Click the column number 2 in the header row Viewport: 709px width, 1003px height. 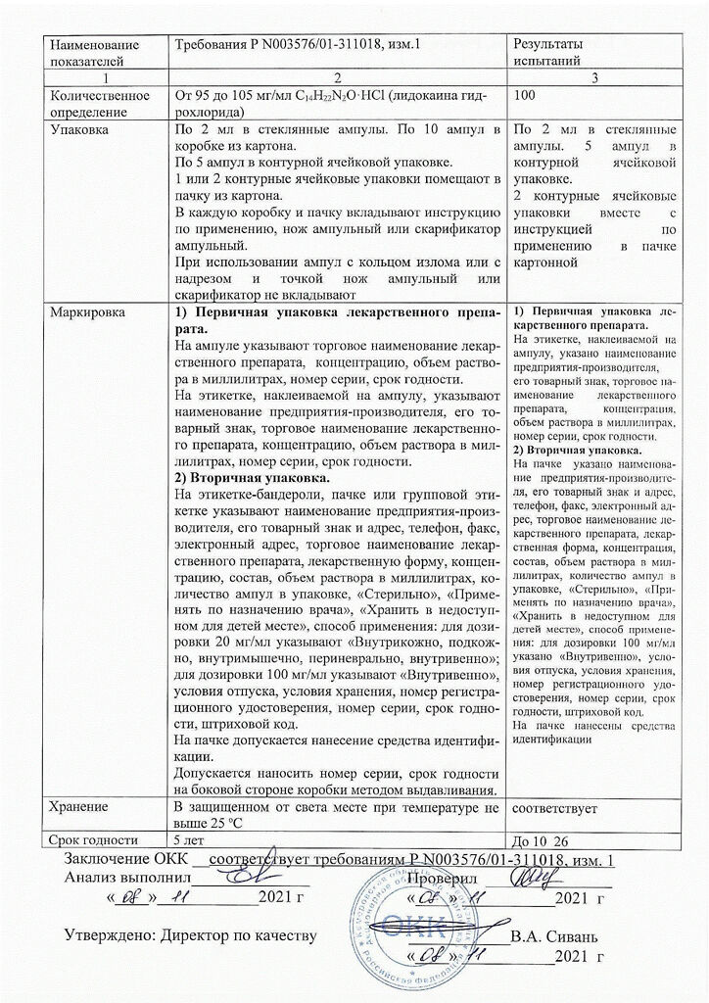[x=337, y=77]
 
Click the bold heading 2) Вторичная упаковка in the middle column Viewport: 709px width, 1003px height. [x=254, y=478]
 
